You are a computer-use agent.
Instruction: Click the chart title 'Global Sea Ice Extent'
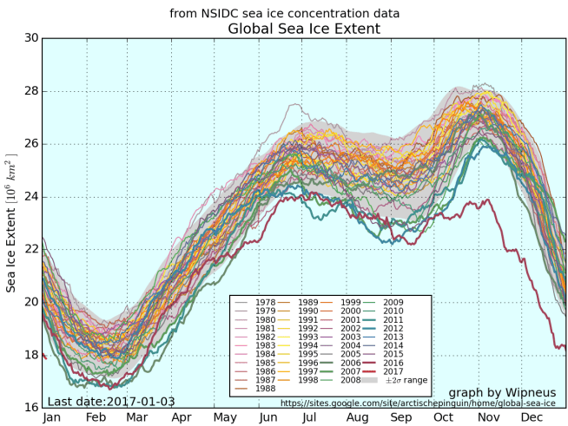tap(303, 29)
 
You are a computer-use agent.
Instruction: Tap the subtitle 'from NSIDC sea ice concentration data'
tap(284, 13)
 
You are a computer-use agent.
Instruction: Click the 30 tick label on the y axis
tap(31, 38)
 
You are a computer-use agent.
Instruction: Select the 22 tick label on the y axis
tap(31, 249)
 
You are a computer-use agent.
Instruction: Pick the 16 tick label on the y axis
tap(31, 408)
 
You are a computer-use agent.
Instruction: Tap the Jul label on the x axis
tap(309, 417)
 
